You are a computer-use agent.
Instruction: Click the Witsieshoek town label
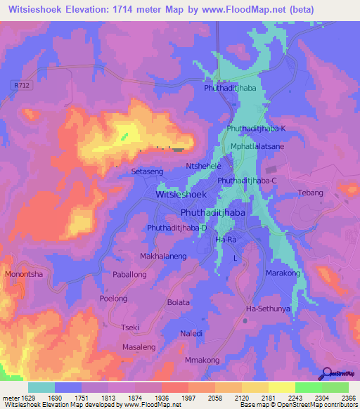click(x=181, y=194)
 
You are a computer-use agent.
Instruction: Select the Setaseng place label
click(x=148, y=171)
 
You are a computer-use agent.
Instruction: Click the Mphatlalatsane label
click(x=257, y=146)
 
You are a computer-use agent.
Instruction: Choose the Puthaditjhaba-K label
click(x=256, y=129)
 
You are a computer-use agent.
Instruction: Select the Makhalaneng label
click(x=164, y=257)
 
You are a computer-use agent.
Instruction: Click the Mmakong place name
click(x=202, y=361)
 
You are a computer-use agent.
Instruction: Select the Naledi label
click(x=191, y=333)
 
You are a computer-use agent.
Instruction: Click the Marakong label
click(x=283, y=273)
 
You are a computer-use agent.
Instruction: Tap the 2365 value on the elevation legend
click(x=349, y=398)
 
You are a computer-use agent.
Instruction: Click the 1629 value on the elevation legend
click(x=27, y=398)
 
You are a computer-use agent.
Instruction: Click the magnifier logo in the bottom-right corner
click(x=327, y=375)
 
